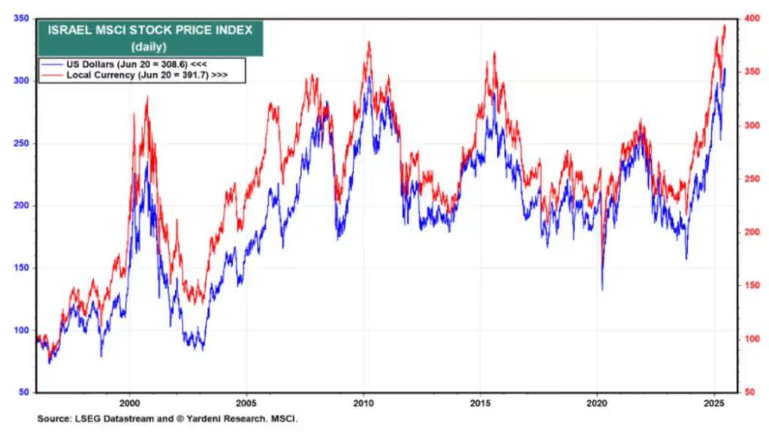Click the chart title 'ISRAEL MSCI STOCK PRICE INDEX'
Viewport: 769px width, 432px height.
coord(150,30)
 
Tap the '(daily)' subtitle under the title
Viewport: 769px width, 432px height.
coord(150,46)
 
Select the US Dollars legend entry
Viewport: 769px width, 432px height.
coord(128,65)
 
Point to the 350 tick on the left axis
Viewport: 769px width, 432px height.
coord(22,18)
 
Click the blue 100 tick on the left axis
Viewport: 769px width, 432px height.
coord(22,330)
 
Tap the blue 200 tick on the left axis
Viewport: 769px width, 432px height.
coord(22,205)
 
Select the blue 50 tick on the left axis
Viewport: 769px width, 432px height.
coord(24,392)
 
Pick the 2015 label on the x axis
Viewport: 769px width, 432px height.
coord(481,403)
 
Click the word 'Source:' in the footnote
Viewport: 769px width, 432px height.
coord(55,418)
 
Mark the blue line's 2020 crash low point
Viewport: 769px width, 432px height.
coord(602,289)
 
